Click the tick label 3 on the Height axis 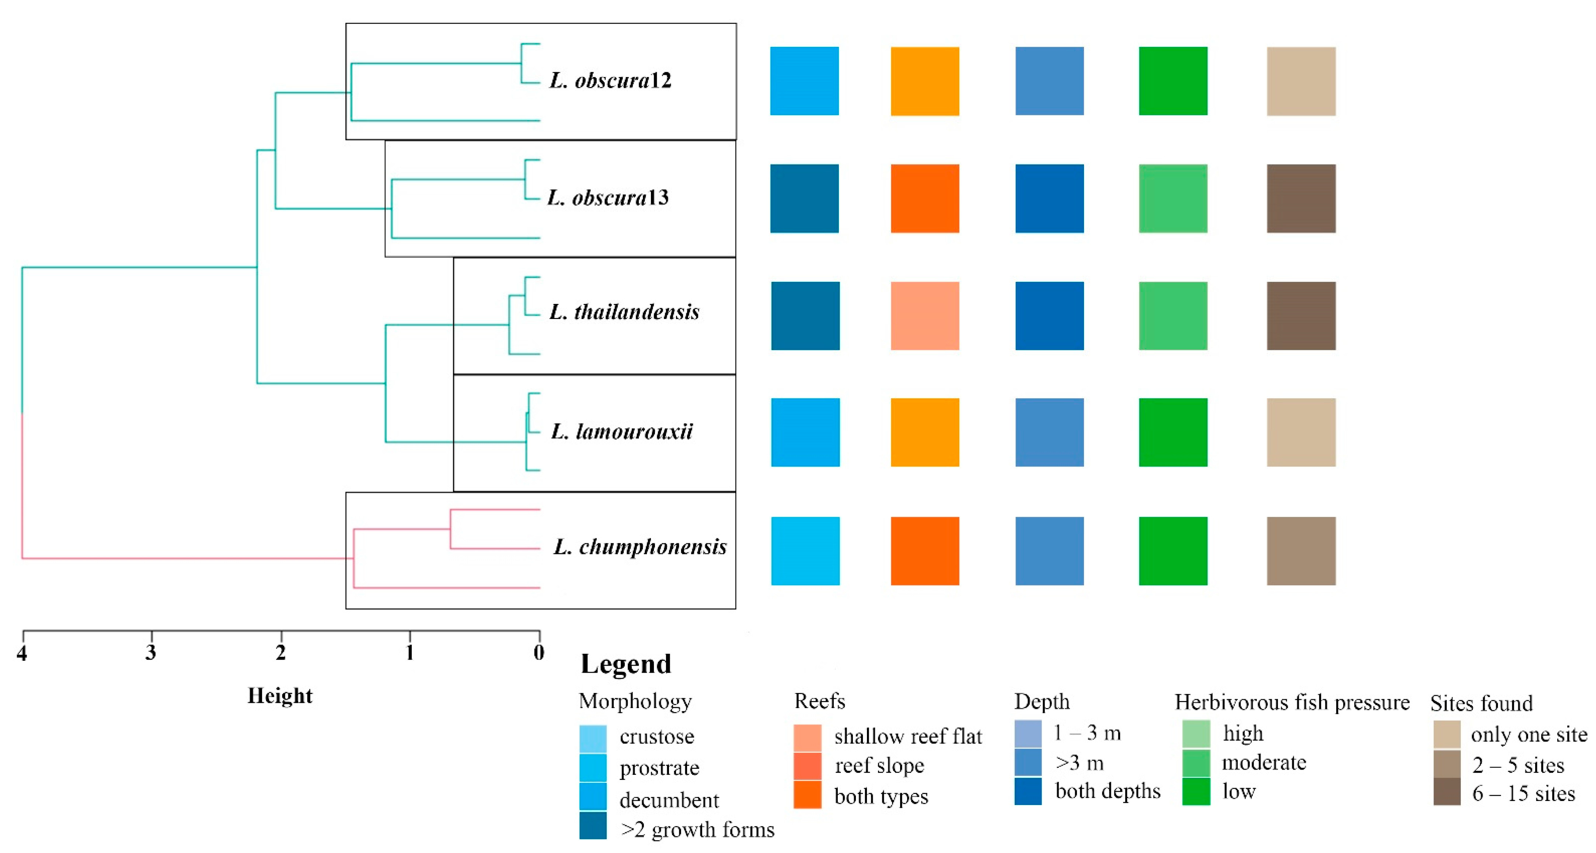coord(150,653)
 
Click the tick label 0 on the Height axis coord(539,653)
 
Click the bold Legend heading coord(626,664)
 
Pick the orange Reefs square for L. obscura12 coord(924,81)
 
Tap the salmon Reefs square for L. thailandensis coord(924,316)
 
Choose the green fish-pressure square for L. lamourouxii coord(1173,432)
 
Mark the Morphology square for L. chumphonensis coord(805,551)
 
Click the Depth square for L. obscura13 coord(1049,198)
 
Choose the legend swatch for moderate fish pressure coord(1196,763)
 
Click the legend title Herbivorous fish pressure coord(1292,703)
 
